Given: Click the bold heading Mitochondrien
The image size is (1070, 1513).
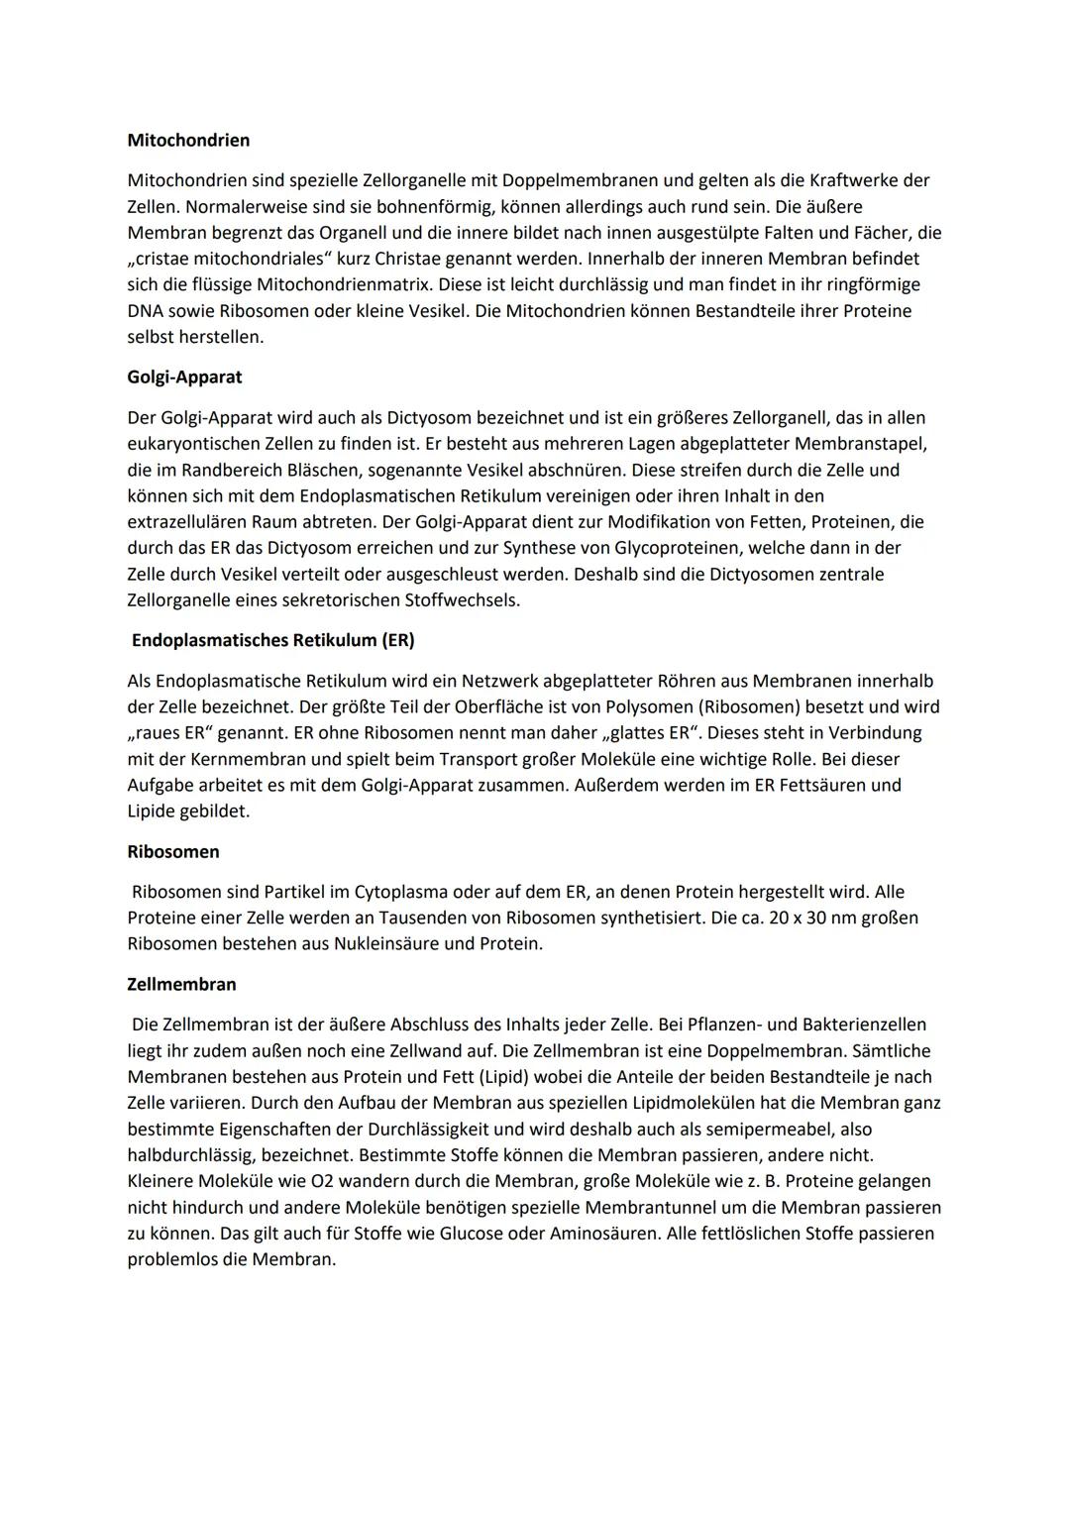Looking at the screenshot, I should (x=188, y=141).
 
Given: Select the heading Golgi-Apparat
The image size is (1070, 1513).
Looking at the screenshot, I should (x=184, y=378).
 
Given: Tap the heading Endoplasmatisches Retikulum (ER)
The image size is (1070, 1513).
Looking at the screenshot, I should (x=272, y=640).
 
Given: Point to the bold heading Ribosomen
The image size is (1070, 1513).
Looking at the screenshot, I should (x=173, y=852).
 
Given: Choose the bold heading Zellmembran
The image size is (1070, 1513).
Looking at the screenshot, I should (x=181, y=985).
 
